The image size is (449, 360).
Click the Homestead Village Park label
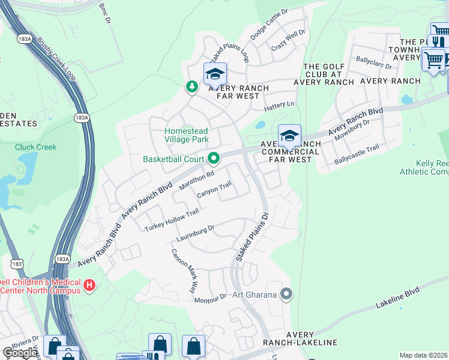(187, 135)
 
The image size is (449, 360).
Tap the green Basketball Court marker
(214, 159)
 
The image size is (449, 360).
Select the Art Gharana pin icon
(286, 294)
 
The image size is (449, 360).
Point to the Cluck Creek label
(36, 147)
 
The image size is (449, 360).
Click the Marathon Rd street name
(197, 180)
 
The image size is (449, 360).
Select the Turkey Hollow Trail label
(172, 221)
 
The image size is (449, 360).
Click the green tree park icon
(191, 87)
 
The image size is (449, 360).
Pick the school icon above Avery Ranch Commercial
(289, 136)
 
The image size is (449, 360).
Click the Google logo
(20, 353)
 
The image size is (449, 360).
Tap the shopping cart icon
(433, 59)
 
